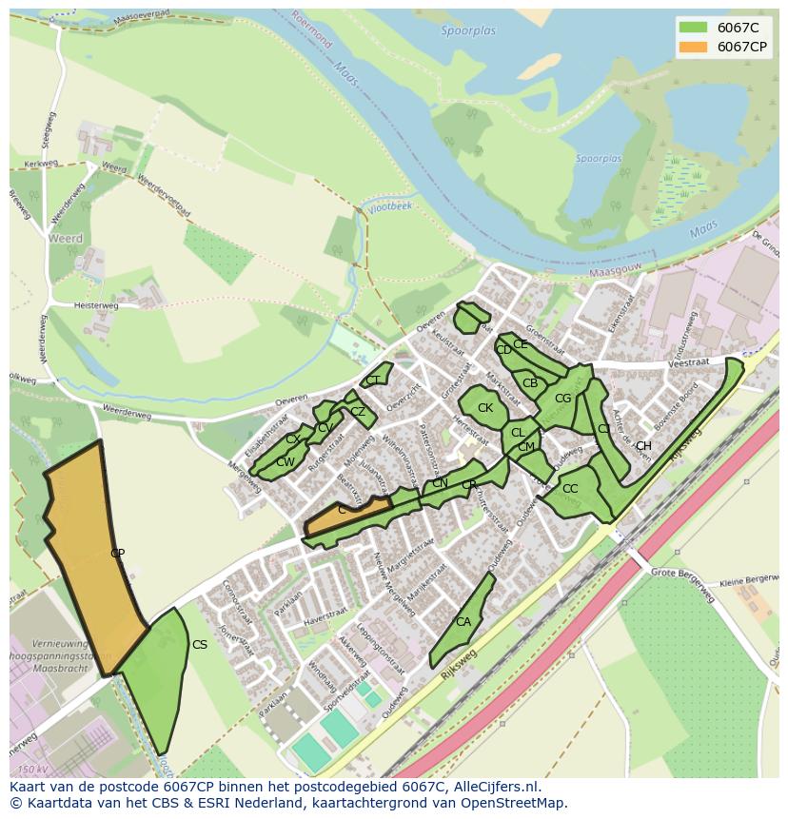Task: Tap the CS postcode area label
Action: [x=200, y=645]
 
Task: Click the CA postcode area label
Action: [x=463, y=622]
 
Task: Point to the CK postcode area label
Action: [x=485, y=408]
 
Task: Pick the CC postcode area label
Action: [x=570, y=489]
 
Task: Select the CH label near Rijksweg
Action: [x=643, y=446]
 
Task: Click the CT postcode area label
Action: [x=373, y=380]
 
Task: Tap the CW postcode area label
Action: [x=285, y=462]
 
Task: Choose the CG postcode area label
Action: [x=562, y=399]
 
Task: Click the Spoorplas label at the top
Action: [x=468, y=31]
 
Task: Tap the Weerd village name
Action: [x=67, y=239]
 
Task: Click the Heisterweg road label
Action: [x=96, y=305]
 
